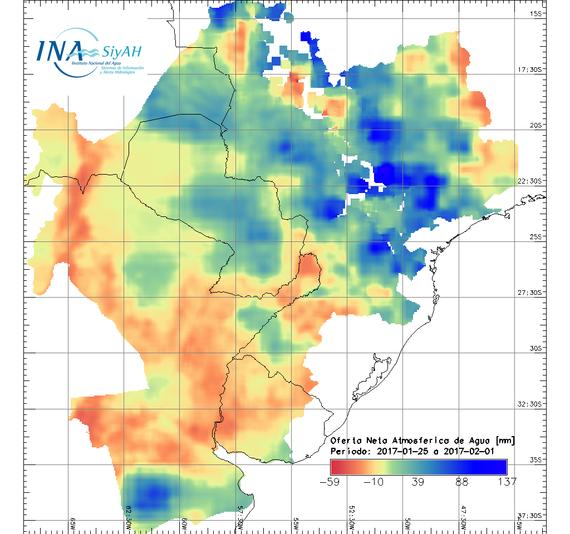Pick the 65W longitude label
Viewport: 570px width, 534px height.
(72, 522)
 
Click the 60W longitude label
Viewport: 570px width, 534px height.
(184, 522)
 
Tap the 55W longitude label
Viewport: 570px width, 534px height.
(296, 522)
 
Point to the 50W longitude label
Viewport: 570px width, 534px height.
(407, 522)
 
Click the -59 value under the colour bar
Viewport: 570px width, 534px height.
(330, 482)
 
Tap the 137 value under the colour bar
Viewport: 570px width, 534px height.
(507, 482)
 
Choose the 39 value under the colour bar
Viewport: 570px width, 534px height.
(418, 482)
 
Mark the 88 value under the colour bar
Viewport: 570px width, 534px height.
(462, 482)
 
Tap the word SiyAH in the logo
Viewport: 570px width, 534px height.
(121, 52)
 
